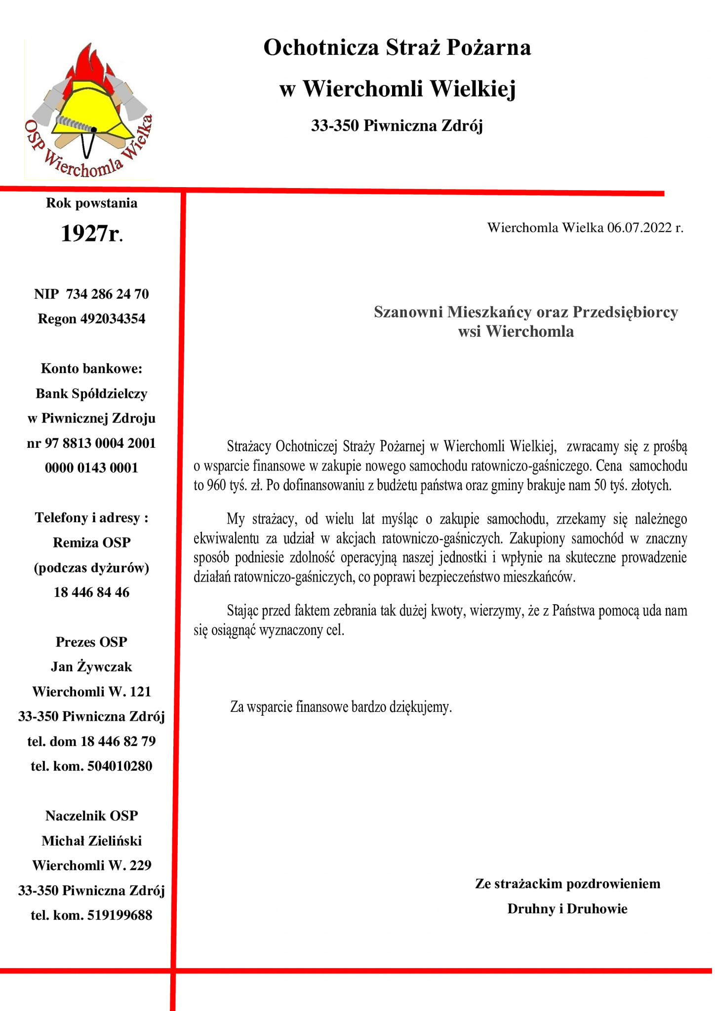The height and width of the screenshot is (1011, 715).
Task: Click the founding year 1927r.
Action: [x=91, y=233]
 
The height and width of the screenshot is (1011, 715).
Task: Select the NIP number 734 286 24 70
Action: [x=107, y=294]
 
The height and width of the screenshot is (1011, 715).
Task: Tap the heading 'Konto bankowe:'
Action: [x=91, y=369]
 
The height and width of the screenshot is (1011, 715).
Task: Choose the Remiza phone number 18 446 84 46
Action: [x=91, y=592]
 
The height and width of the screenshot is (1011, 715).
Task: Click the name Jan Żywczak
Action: [x=91, y=667]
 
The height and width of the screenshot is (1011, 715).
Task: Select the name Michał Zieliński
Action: [x=91, y=841]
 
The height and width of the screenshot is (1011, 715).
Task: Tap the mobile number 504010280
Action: [x=119, y=766]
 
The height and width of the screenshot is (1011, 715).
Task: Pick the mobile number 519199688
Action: [x=119, y=915]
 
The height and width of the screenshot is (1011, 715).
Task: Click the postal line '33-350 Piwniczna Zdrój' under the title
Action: [x=397, y=126]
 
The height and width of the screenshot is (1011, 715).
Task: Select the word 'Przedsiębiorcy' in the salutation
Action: [x=625, y=312]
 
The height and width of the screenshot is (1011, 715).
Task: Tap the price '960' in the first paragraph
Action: [x=216, y=485]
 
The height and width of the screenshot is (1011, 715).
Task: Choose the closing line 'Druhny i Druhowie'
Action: [x=567, y=909]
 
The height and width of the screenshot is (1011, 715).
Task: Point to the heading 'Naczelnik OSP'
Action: [x=91, y=816]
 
